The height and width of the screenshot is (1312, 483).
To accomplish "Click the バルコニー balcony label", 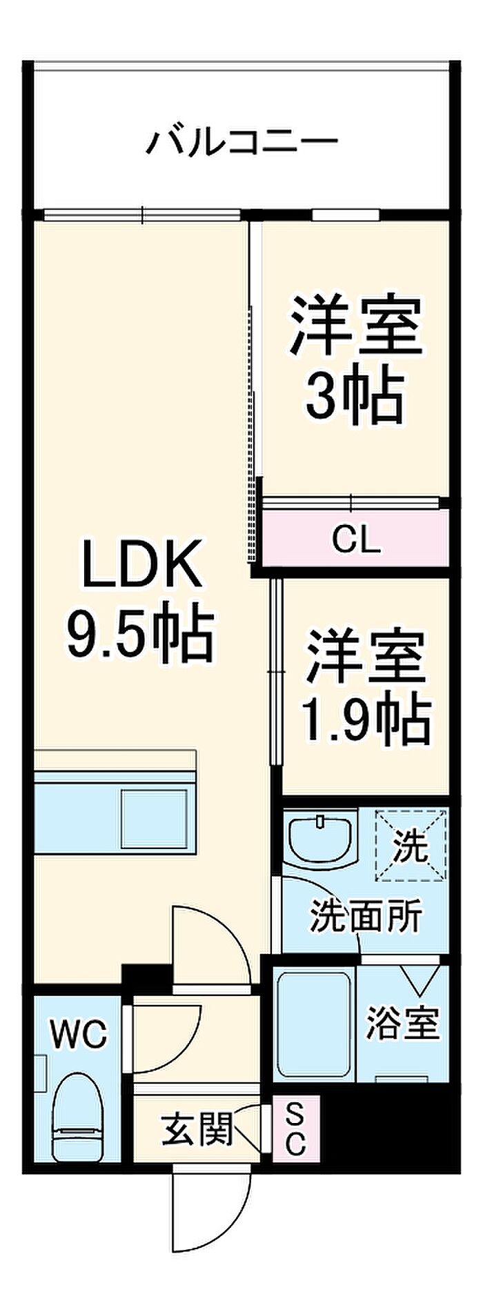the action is pos(241,142).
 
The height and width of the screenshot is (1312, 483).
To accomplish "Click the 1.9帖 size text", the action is pos(366,720).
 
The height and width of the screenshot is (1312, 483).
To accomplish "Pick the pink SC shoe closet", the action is pos(295,1129).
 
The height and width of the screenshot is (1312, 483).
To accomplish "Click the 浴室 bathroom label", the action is pos(402,1023).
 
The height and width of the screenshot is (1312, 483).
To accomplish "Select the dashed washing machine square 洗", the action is pos(411,845).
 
